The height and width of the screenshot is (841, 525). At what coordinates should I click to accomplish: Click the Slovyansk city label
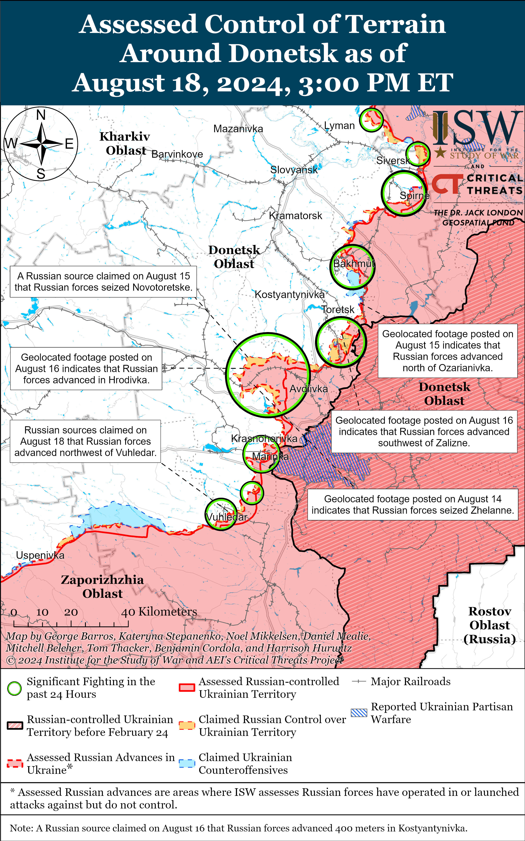294,170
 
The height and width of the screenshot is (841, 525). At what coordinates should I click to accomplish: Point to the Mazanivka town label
238,129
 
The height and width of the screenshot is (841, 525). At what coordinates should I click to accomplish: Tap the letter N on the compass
41,115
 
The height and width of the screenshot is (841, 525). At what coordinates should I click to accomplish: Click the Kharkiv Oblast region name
125,143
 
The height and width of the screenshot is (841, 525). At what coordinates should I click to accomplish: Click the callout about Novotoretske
103,282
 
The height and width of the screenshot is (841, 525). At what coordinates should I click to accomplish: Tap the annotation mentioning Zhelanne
413,505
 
